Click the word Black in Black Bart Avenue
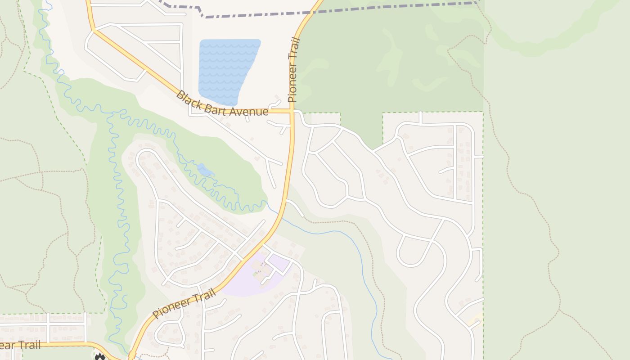pos(187,99)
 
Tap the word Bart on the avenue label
pos(215,108)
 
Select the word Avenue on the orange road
pos(249,112)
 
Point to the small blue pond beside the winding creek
pos(205,170)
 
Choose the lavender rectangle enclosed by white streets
pos(279,262)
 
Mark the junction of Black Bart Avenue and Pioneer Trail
pos(292,111)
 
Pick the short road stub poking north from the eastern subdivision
pos(420,117)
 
